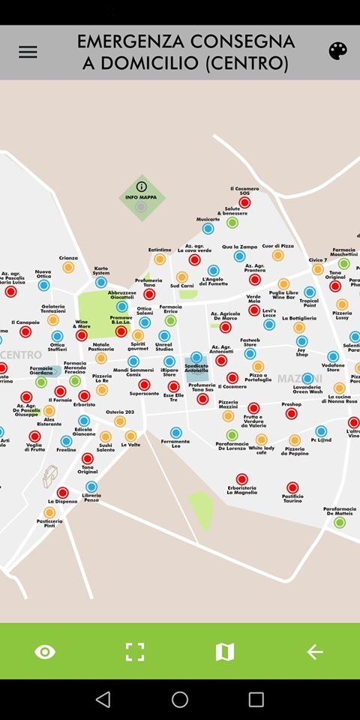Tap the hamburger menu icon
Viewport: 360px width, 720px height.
coord(28,52)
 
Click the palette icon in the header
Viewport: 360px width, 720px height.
coord(338,51)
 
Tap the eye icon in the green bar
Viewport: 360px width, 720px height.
coord(45,652)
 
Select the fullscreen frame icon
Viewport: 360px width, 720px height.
coord(135,652)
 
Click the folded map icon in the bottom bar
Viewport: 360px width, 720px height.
coord(225,652)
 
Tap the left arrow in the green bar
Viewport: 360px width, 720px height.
coord(315,652)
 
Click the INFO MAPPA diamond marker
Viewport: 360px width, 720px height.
coord(142,197)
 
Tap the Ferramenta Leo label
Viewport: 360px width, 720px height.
coord(175,444)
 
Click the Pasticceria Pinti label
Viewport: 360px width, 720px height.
coord(49,523)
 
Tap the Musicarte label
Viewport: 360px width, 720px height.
coord(208,219)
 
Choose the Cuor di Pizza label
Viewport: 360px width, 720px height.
coord(277,246)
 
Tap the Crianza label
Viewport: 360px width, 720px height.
coord(68,258)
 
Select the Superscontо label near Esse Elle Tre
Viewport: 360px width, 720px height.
coord(144,393)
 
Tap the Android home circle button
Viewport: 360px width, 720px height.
coord(180,700)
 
